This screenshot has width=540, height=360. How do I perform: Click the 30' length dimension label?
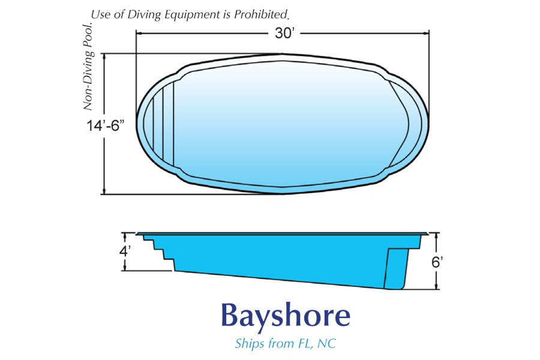click(285, 34)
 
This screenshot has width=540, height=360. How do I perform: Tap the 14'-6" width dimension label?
click(104, 125)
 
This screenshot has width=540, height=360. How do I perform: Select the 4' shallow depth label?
click(124, 251)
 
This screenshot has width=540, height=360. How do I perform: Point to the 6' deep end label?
click(437, 263)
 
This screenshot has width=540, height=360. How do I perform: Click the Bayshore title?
click(286, 316)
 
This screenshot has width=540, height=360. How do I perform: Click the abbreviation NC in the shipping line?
click(327, 343)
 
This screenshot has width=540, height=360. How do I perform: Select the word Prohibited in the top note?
click(262, 14)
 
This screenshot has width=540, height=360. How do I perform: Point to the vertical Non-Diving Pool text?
click(88, 67)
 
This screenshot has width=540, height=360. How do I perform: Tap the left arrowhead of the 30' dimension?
click(139, 34)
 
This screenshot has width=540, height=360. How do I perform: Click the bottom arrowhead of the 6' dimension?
click(437, 286)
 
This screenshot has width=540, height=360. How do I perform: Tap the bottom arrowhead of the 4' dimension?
click(125, 268)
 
